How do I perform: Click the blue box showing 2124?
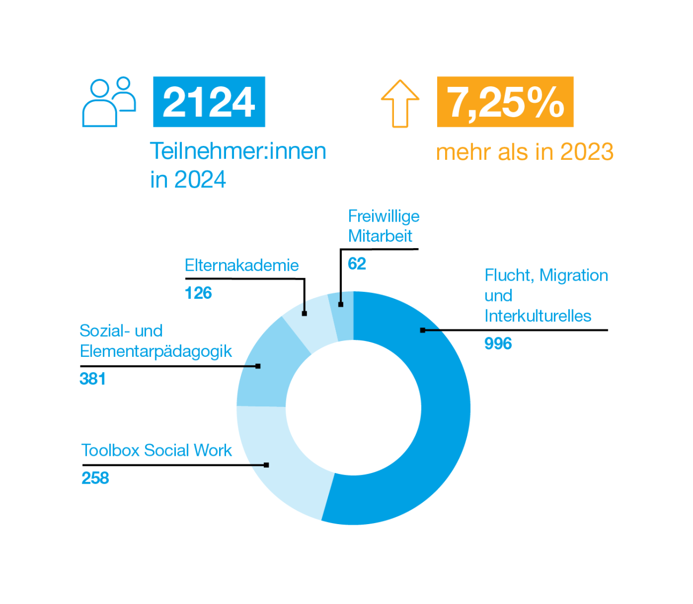pyautogui.click(x=209, y=102)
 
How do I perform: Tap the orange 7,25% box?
pyautogui.click(x=505, y=102)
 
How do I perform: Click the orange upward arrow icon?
pyautogui.click(x=400, y=103)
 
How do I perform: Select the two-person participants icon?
pyautogui.click(x=109, y=102)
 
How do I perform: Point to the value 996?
pyautogui.click(x=498, y=344)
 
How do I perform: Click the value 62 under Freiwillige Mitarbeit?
pyautogui.click(x=357, y=264)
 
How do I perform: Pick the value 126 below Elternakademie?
pyautogui.click(x=198, y=293)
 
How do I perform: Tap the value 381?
pyautogui.click(x=93, y=379)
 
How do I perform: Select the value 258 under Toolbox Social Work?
pyautogui.click(x=95, y=478)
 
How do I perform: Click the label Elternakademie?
pyautogui.click(x=241, y=265)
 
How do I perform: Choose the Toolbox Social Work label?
pyautogui.click(x=156, y=451)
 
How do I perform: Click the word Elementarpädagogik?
pyautogui.click(x=156, y=352)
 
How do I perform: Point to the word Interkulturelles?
pyautogui.click(x=538, y=316)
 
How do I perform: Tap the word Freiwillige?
pyautogui.click(x=384, y=216)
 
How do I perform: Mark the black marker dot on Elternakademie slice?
pyautogui.click(x=304, y=314)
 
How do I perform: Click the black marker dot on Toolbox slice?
pyautogui.click(x=267, y=465)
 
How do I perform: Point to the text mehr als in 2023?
pyautogui.click(x=525, y=152)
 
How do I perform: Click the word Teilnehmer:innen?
pyautogui.click(x=238, y=151)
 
